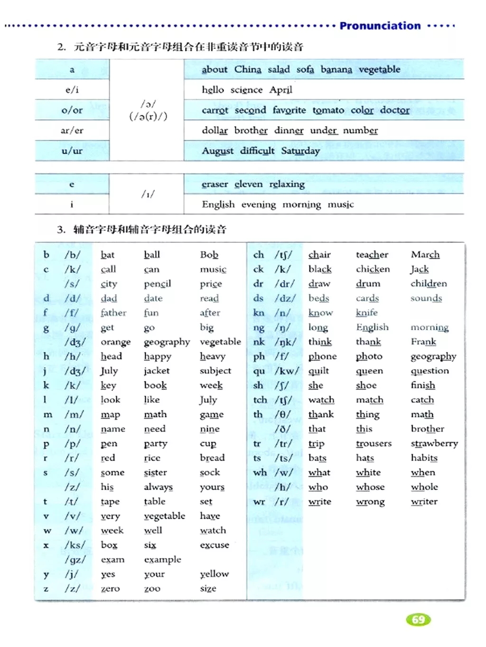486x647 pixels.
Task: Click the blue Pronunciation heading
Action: click(380, 26)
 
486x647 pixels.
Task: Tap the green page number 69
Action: click(418, 619)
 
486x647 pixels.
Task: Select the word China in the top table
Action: click(248, 69)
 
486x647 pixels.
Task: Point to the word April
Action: click(281, 90)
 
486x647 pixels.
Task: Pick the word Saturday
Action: click(300, 151)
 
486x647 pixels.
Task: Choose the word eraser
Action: click(215, 184)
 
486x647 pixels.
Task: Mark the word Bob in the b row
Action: click(209, 255)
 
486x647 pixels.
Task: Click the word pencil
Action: click(158, 284)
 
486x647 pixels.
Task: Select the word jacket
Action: click(157, 371)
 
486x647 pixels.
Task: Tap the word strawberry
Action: click(434, 444)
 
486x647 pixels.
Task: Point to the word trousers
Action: click(374, 444)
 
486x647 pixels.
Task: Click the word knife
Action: click(367, 313)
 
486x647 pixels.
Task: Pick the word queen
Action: click(369, 371)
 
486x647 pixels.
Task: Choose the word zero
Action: click(110, 589)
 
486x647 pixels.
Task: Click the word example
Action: click(163, 560)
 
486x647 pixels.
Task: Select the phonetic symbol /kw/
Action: click(287, 371)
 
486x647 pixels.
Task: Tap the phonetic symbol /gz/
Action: click(75, 560)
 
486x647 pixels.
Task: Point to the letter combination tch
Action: click(260, 400)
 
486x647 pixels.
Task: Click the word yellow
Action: click(214, 574)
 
